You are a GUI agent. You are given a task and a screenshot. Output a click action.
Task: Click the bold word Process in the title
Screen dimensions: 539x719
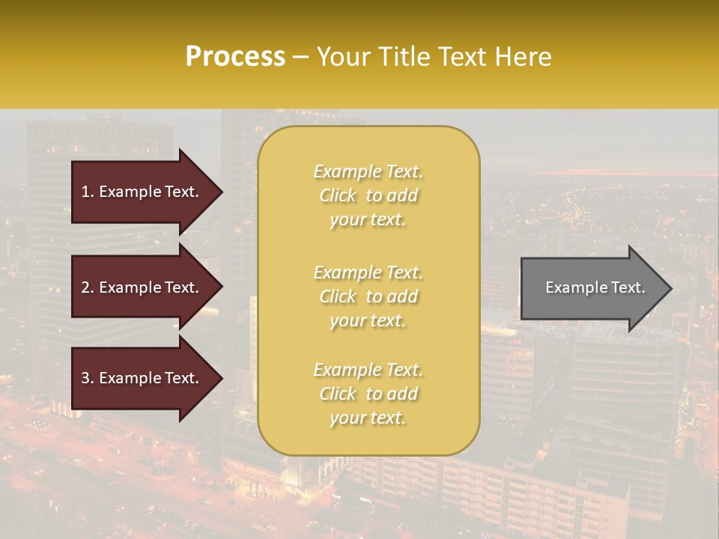tap(235, 57)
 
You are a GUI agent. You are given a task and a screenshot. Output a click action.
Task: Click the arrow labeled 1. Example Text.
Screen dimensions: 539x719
tap(142, 192)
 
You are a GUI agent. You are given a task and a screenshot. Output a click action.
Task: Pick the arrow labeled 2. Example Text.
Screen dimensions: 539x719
tap(142, 287)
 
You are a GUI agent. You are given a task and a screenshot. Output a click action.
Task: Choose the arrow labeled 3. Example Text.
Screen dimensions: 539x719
tap(142, 378)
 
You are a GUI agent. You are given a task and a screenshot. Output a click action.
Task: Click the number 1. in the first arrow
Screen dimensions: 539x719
tap(88, 192)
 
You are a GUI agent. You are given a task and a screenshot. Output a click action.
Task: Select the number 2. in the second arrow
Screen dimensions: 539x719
tap(88, 287)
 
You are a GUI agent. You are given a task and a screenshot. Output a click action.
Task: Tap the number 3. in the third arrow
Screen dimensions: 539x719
tap(88, 378)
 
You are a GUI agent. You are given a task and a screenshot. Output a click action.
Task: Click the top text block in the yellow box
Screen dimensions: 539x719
tap(368, 195)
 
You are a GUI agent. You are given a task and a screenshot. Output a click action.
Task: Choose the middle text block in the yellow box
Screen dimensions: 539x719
tap(368, 296)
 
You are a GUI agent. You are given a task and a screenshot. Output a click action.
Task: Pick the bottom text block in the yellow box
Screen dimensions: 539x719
tap(368, 394)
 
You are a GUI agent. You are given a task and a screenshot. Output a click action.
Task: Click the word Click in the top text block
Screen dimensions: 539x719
tap(338, 195)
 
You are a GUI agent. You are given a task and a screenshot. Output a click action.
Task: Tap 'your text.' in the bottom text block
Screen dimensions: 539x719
tap(368, 418)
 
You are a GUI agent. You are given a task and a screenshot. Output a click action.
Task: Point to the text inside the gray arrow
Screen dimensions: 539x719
tap(595, 287)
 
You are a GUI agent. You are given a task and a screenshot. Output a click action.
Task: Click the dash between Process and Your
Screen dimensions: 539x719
tap(300, 58)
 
